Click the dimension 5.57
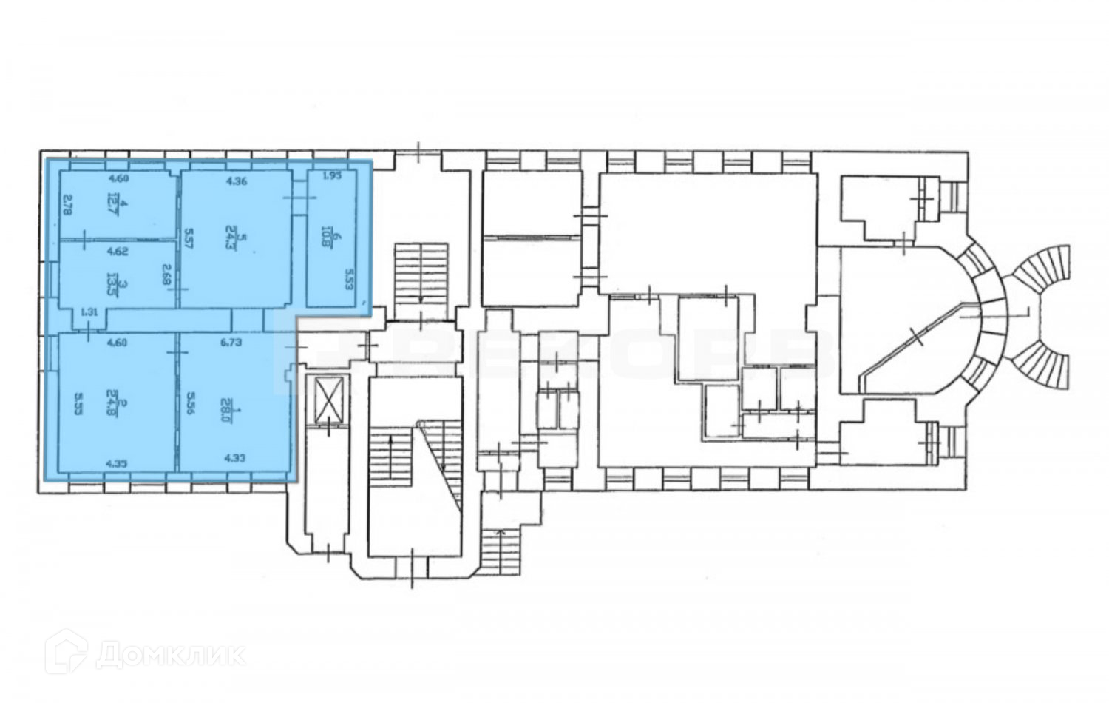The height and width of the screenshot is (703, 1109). [x=189, y=240]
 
